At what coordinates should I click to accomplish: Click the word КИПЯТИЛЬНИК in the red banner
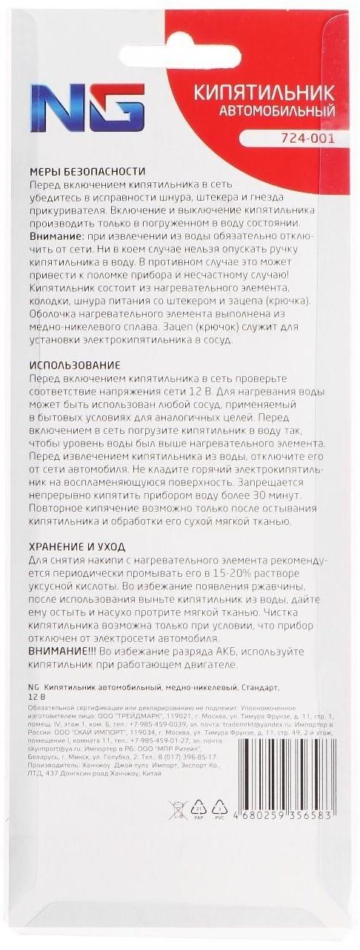tap(264, 93)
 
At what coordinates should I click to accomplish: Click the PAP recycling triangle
tap(199, 809)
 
